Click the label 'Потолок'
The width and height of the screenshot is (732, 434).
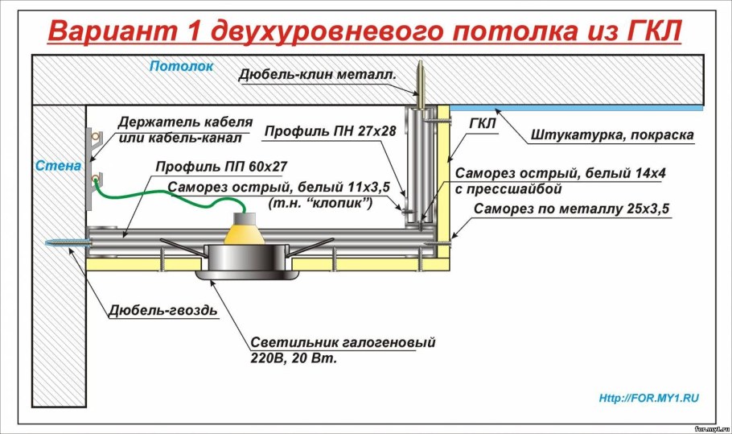181,66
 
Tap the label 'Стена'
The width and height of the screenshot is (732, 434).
58,166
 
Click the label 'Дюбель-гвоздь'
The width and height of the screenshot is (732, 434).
166,310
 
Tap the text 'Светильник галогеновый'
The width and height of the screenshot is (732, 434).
343,342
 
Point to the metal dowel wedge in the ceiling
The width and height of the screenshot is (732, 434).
420,81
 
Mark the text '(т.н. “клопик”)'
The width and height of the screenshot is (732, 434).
320,205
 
